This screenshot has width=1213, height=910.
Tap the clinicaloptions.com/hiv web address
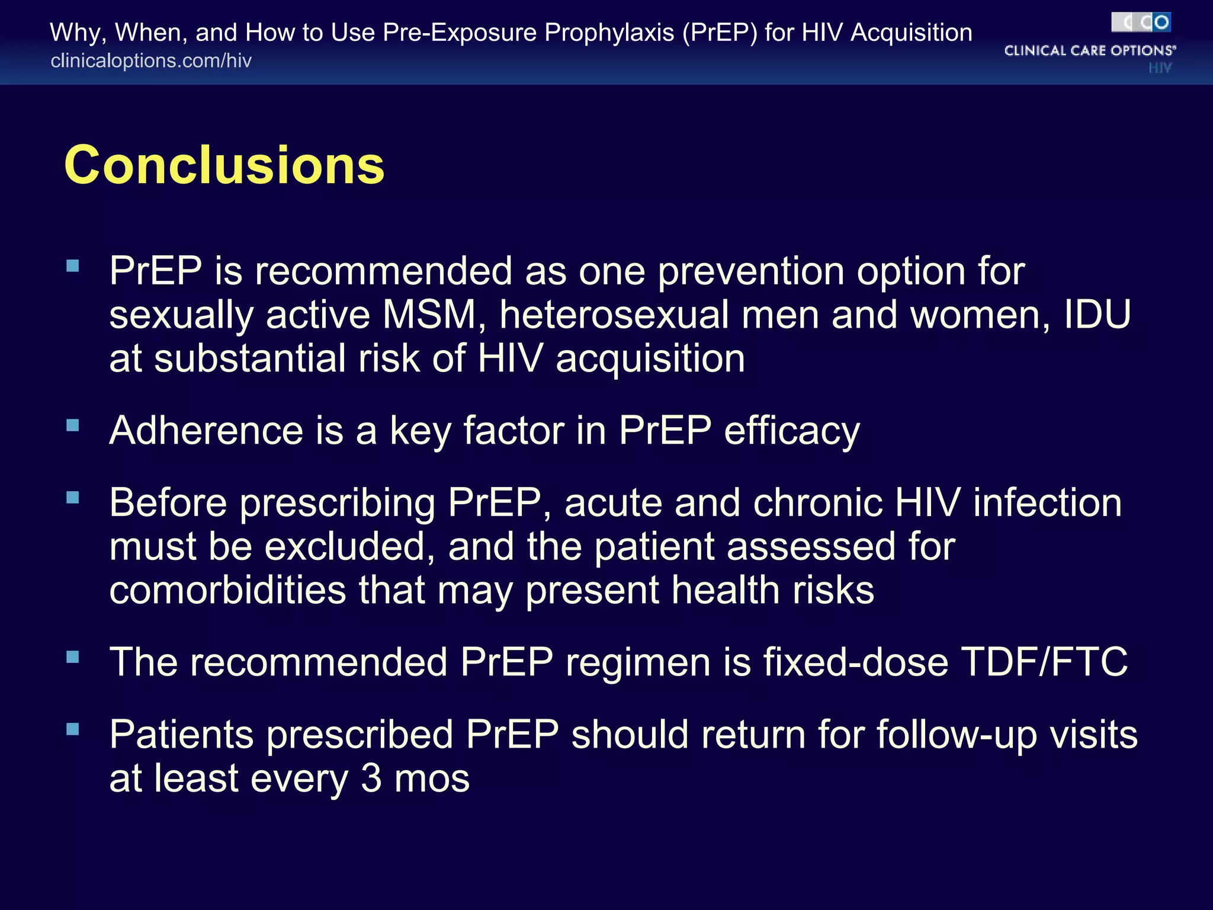coord(151,60)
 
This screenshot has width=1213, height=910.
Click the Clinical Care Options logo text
coord(1090,50)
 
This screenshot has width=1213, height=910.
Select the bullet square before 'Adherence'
coord(73,425)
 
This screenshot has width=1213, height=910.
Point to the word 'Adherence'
coord(206,430)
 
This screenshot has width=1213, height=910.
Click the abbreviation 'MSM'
coord(429,315)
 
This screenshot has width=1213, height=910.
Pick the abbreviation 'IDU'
coord(1097,315)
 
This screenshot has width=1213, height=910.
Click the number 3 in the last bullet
coord(371,778)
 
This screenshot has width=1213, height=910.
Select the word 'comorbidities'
coord(227,590)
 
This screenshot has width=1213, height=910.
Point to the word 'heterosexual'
coord(614,315)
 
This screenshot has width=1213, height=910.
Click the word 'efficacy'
coord(792,431)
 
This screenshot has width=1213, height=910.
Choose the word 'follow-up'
coord(957,735)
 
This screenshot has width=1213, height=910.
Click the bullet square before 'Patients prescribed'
coord(73,729)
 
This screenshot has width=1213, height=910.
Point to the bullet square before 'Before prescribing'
coord(73,497)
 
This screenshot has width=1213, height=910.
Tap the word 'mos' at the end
coord(432,778)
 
